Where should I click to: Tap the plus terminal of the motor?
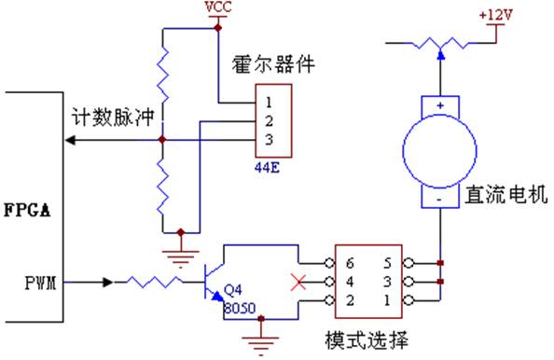coord(437,105)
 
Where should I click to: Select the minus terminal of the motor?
coord(437,198)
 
